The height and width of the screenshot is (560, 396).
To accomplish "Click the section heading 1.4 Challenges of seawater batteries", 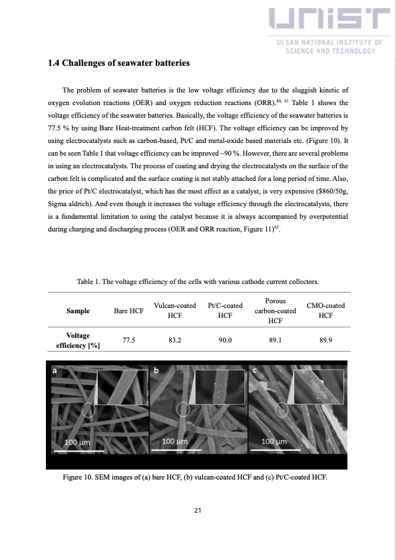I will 119,63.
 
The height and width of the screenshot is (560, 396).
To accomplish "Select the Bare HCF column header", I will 129,311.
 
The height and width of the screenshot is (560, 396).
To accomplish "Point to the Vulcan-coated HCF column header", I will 175,311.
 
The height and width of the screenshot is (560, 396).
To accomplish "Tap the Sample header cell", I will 79,311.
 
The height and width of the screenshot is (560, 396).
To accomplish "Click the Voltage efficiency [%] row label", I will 79,341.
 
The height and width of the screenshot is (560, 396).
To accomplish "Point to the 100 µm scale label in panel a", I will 78,442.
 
